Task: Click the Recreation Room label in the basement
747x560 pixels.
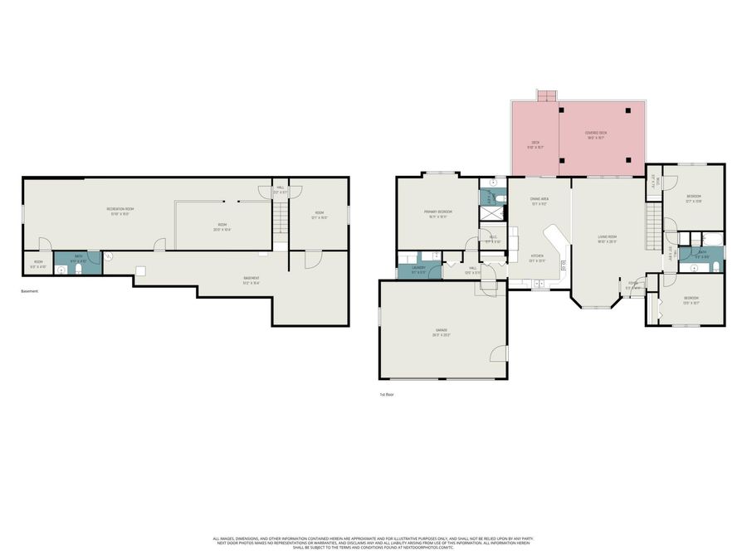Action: (x=120, y=210)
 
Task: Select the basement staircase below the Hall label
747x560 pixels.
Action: (x=281, y=222)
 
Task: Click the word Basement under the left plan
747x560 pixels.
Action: (x=29, y=291)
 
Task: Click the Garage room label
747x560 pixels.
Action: (x=441, y=332)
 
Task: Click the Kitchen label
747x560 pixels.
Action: (x=537, y=256)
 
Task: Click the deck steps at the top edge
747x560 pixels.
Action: (x=546, y=96)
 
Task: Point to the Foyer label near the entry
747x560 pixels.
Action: (x=632, y=284)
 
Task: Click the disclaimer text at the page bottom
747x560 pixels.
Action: (x=373, y=543)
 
